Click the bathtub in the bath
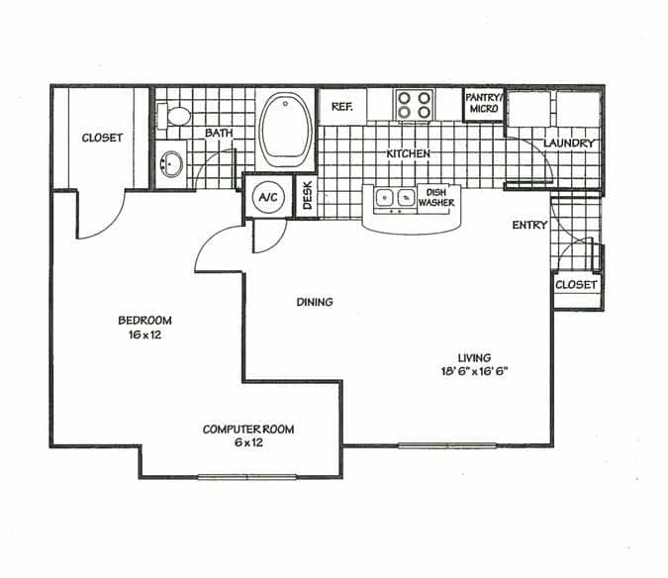pos(285,130)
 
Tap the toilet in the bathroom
pos(178,116)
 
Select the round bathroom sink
pos(170,165)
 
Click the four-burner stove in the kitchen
pos(414,105)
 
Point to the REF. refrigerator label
pos(342,106)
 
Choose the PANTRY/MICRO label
pos(484,103)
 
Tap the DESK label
pos(307,196)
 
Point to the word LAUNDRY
pos(570,144)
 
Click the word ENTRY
pos(529,226)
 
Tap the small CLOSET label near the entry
pos(577,285)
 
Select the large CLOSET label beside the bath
pos(102,139)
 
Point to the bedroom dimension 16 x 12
pos(145,337)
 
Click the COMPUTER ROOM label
pos(248,430)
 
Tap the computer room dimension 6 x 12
pos(248,443)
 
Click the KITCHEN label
pos(408,155)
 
